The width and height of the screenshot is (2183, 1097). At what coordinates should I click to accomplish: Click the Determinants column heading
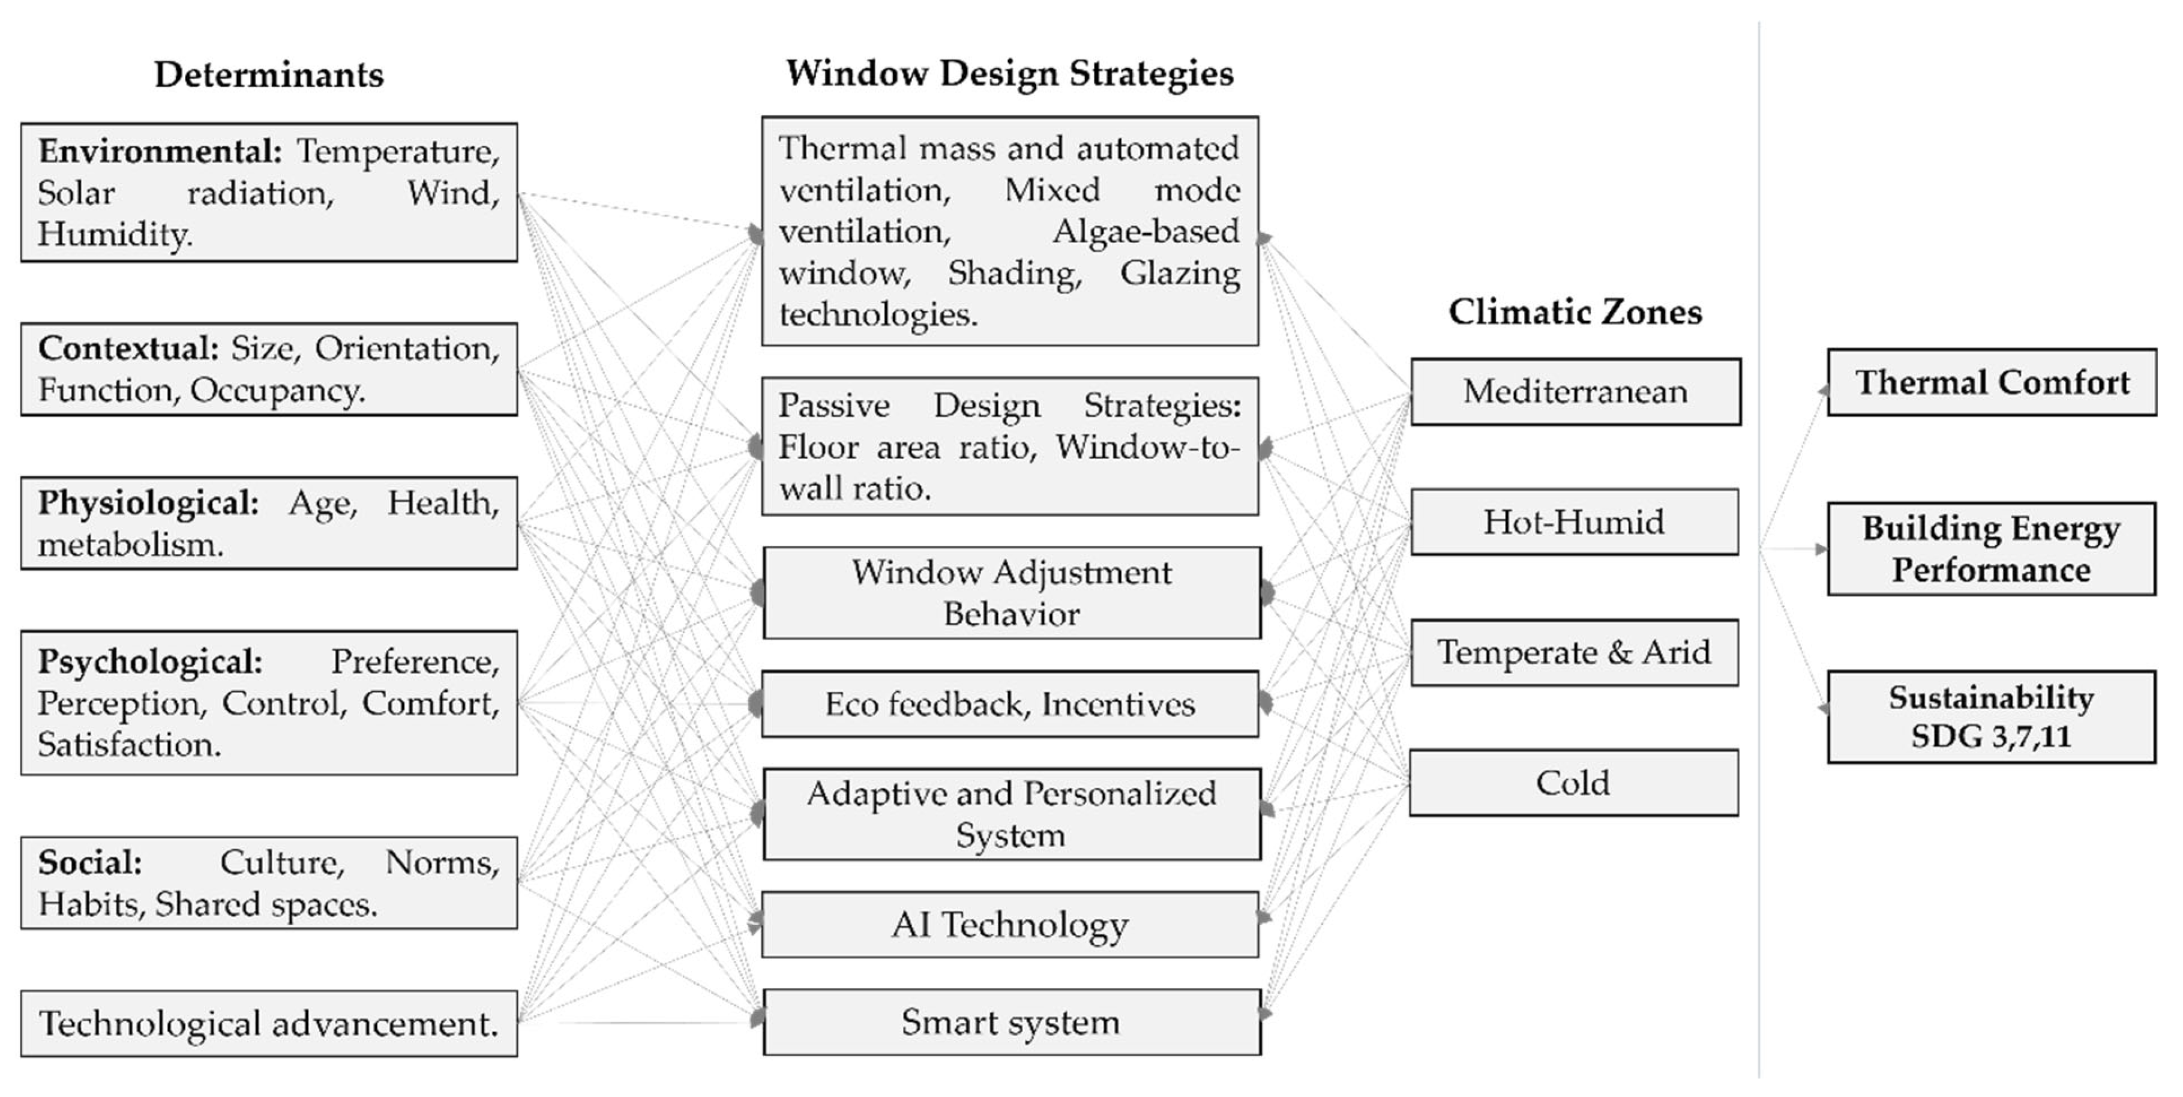point(269,74)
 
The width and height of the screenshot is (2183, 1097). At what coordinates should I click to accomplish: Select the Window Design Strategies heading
point(1009,73)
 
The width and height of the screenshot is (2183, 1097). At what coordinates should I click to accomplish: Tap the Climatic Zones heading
point(1575,312)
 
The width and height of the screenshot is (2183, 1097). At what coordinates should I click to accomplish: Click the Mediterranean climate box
point(1575,392)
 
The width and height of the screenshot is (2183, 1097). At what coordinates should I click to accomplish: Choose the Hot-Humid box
point(1574,522)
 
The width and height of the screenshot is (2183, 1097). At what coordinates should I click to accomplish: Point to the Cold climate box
point(1574,783)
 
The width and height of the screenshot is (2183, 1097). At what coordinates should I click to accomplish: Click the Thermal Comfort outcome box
point(1992,382)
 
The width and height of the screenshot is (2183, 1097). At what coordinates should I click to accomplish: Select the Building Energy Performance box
point(1992,548)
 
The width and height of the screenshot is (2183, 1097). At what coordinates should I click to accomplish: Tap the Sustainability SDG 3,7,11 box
point(1992,717)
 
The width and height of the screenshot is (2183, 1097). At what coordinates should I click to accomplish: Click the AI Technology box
point(1010,924)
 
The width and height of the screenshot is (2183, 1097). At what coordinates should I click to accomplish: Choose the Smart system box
point(1011,1021)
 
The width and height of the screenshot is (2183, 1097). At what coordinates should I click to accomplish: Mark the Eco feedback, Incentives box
point(1010,704)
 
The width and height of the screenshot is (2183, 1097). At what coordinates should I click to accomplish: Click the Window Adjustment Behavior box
point(1012,592)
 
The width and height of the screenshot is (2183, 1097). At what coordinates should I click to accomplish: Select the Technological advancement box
point(269,1023)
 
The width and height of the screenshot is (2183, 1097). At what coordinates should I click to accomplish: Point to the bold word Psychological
point(150,662)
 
